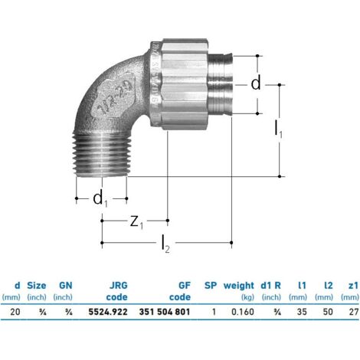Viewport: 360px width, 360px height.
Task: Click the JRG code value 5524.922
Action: (x=108, y=312)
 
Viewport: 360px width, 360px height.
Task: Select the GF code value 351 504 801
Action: (x=165, y=312)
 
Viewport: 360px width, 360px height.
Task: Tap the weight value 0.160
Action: (x=243, y=312)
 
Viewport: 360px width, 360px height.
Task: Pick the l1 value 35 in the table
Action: (x=302, y=312)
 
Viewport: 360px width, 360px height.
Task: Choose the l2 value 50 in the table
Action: (x=328, y=312)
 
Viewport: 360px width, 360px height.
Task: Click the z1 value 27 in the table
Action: (x=354, y=312)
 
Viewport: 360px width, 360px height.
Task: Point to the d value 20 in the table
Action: (x=15, y=312)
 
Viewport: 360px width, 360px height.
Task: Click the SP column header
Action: (x=211, y=286)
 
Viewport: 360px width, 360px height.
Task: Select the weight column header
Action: (x=239, y=286)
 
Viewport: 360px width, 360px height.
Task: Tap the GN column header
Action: (x=66, y=286)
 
